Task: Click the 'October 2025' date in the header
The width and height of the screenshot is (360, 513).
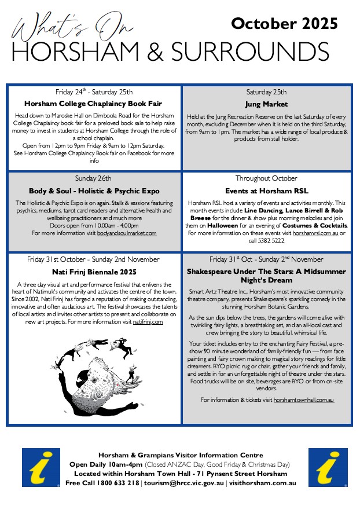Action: (284, 23)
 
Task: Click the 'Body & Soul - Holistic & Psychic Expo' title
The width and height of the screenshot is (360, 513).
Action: (94, 190)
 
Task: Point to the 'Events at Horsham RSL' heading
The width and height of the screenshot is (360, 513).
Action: (267, 190)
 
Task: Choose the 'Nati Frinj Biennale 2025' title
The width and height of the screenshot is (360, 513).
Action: (94, 271)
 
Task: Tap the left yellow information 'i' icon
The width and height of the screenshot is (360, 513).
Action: (41, 467)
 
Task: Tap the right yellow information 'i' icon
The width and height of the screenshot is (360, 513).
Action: (328, 467)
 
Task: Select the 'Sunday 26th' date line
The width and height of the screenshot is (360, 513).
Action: (94, 178)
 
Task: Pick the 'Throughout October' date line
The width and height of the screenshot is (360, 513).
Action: (267, 178)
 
